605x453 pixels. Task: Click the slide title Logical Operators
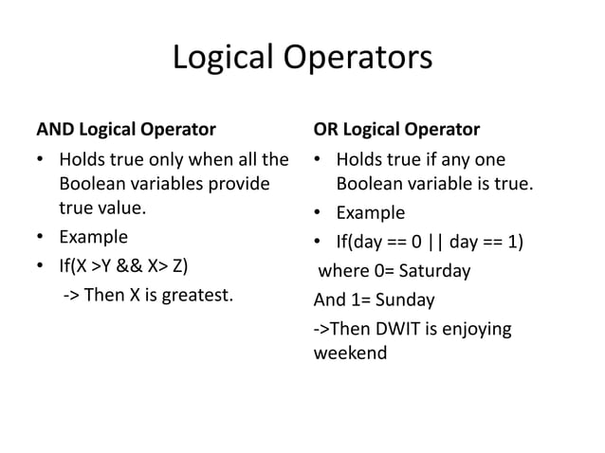point(302,59)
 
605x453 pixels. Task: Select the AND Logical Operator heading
point(125,128)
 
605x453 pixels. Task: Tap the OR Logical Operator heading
point(396,128)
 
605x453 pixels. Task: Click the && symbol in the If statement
point(144,263)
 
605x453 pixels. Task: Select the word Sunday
point(406,300)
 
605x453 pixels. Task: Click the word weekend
point(349,353)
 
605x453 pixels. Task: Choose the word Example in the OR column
point(370,212)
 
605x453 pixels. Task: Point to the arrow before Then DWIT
point(321,329)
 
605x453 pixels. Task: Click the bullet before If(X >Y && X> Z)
point(41,263)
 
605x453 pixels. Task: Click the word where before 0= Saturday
point(341,271)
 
